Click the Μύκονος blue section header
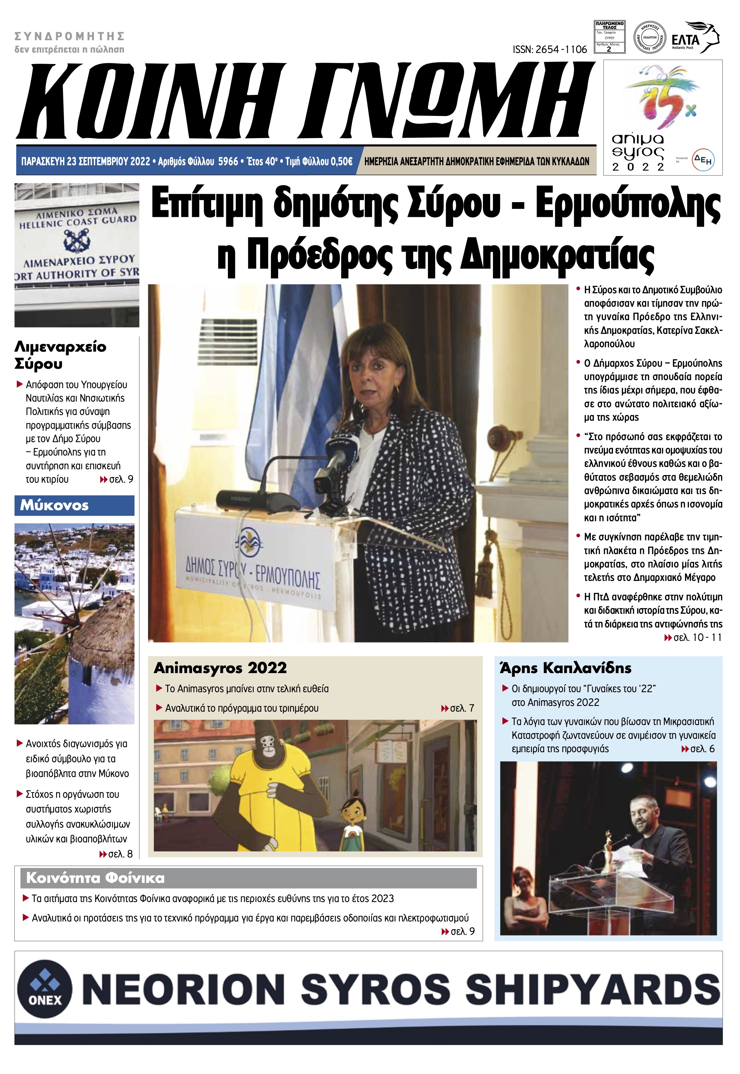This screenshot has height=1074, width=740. pos(74,505)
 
